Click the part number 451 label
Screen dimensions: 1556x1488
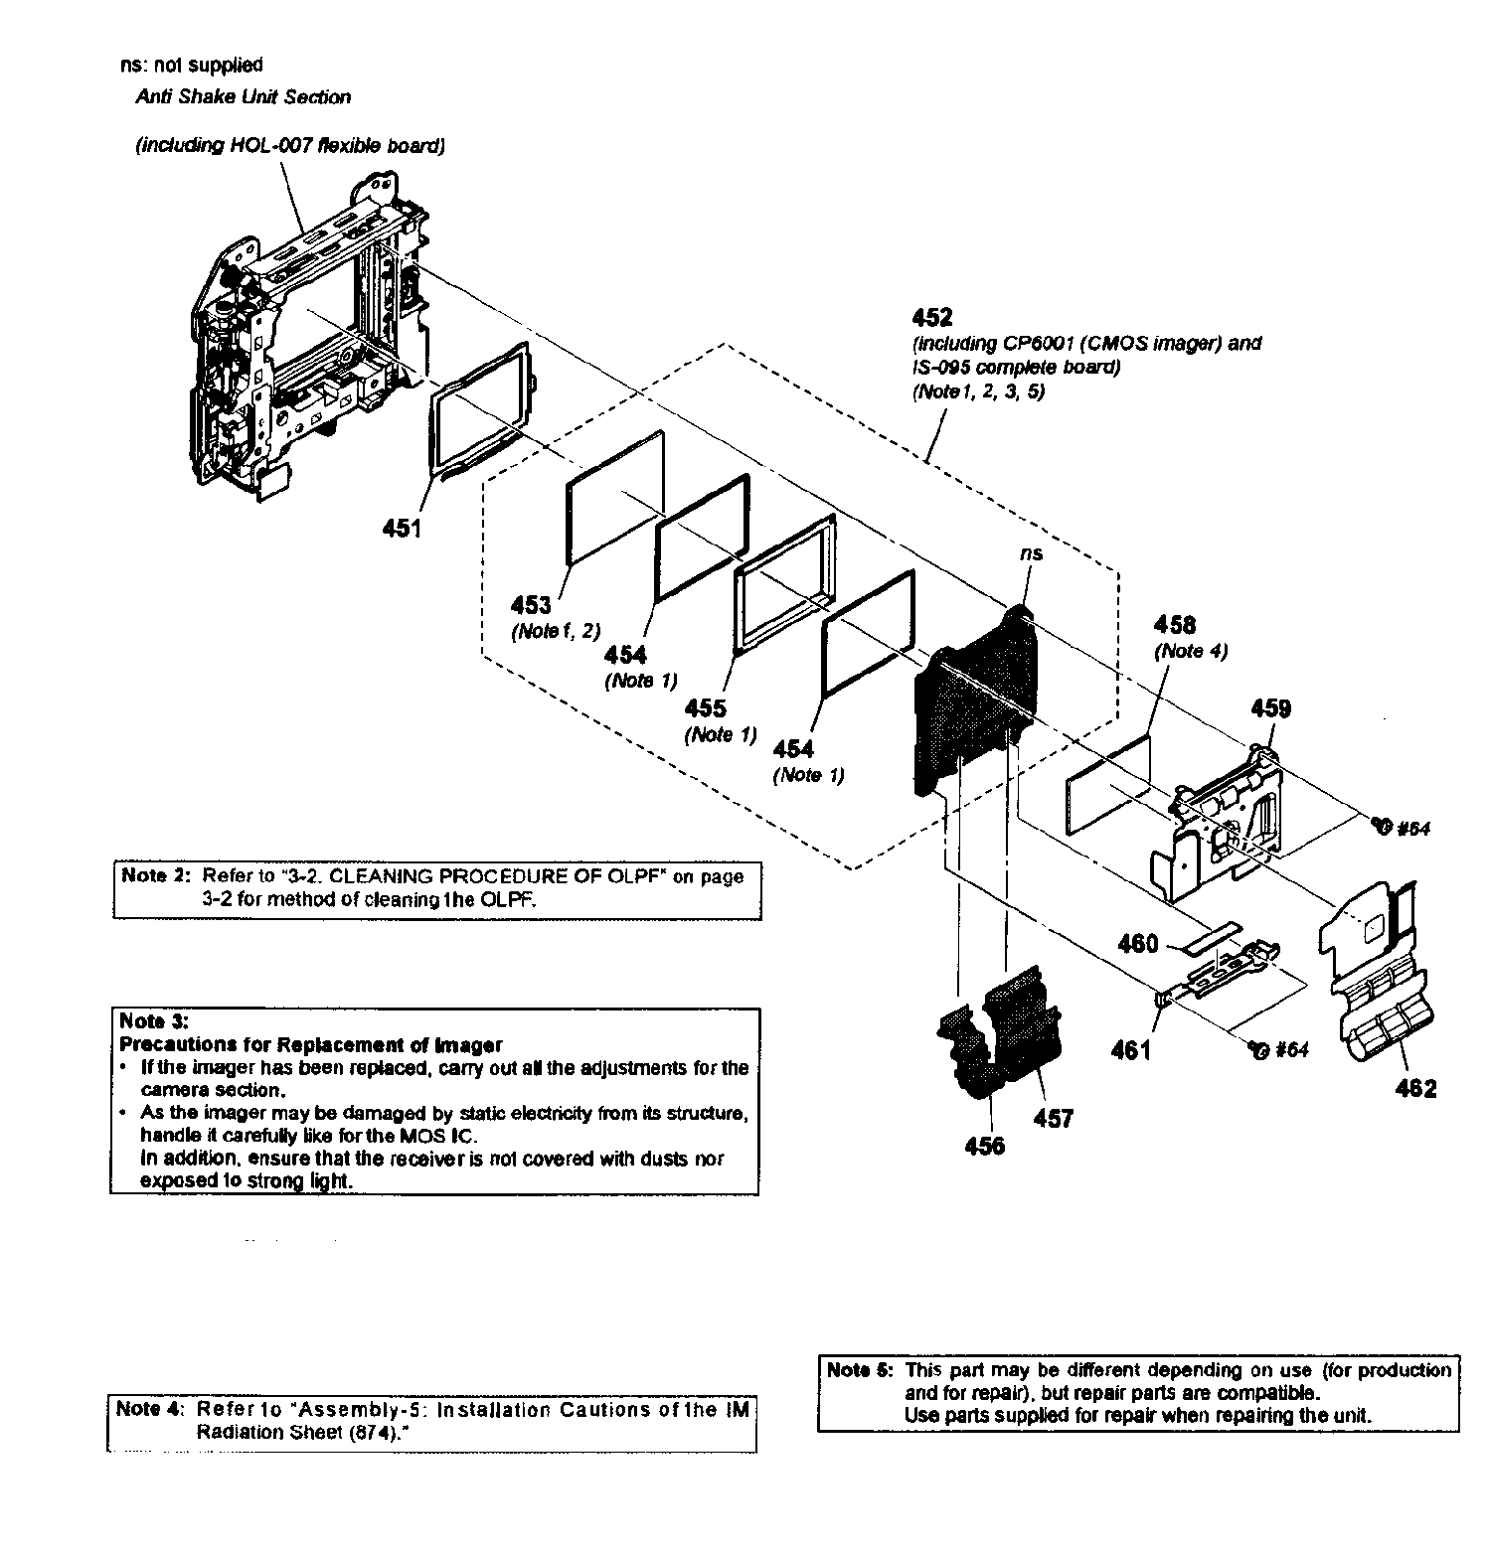point(402,529)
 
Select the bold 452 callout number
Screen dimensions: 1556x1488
point(931,317)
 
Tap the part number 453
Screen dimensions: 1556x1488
point(531,604)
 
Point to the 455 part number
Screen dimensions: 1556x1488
point(705,708)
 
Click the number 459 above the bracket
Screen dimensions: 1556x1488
point(1270,708)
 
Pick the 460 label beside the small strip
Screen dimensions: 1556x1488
point(1138,943)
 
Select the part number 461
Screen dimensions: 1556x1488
point(1130,1049)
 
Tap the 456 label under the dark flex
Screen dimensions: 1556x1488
point(984,1146)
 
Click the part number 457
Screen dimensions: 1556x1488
point(1053,1119)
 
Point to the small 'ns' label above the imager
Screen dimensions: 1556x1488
point(1031,553)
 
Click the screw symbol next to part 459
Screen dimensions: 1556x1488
point(1379,825)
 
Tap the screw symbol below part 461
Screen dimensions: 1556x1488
point(1257,1049)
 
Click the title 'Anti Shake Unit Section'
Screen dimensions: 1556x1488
point(243,97)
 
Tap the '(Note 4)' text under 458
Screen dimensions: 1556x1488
point(1190,652)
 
